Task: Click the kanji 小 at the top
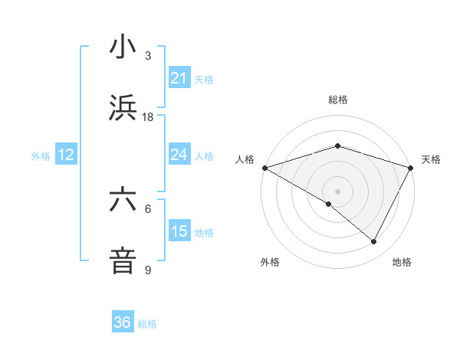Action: click(123, 47)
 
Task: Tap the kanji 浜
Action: click(123, 107)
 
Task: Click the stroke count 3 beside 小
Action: click(147, 56)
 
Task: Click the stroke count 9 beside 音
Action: click(147, 270)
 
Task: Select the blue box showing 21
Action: click(179, 78)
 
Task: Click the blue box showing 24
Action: click(179, 155)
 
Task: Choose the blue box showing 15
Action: click(179, 231)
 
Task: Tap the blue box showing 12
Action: click(66, 155)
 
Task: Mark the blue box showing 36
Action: click(123, 322)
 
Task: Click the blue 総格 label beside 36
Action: click(147, 324)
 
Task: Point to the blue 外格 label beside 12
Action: click(41, 156)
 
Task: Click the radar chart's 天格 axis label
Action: click(431, 159)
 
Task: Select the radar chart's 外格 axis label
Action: click(269, 262)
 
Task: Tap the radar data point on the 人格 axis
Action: click(264, 168)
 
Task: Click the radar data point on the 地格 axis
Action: click(374, 241)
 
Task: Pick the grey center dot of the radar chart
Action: click(337, 191)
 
